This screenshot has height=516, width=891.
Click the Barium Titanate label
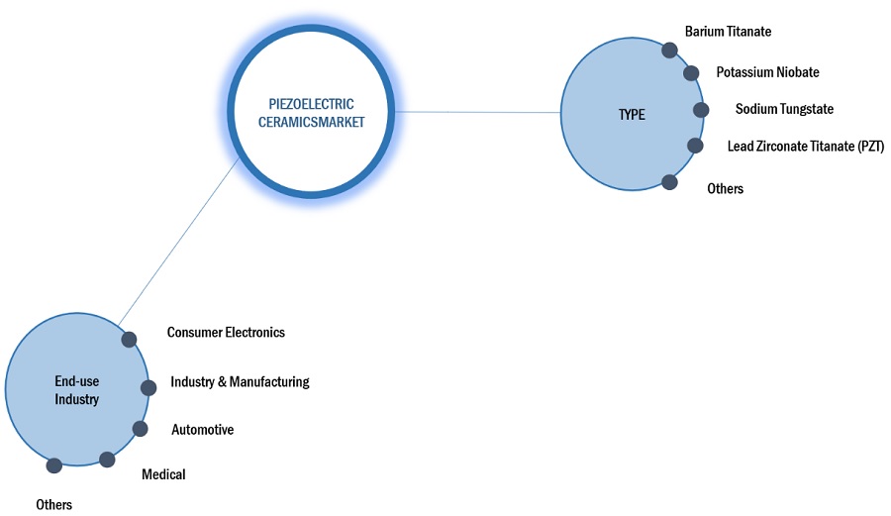(x=728, y=32)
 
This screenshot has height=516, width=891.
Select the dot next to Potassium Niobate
(x=691, y=73)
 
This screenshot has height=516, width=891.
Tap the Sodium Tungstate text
(x=784, y=109)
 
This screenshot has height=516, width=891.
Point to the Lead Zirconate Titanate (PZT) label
(x=805, y=147)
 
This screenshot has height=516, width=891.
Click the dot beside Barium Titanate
(x=669, y=51)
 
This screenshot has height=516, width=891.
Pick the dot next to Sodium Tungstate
(x=701, y=110)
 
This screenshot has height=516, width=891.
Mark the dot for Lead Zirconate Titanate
(x=695, y=146)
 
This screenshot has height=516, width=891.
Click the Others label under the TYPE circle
(x=725, y=188)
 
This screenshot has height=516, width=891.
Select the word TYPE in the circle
(x=632, y=115)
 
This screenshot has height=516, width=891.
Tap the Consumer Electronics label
(x=226, y=333)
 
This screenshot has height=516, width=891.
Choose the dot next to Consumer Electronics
(x=129, y=340)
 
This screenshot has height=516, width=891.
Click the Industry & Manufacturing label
(x=240, y=381)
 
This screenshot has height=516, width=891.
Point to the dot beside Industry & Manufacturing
(x=148, y=387)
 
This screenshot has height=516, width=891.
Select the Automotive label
(x=202, y=430)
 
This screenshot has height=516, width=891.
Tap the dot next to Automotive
(x=140, y=429)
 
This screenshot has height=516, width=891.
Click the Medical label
(x=163, y=474)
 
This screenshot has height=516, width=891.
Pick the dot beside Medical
(x=107, y=460)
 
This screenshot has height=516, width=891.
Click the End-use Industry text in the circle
(x=76, y=390)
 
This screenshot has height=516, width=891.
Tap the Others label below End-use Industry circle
(x=53, y=505)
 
